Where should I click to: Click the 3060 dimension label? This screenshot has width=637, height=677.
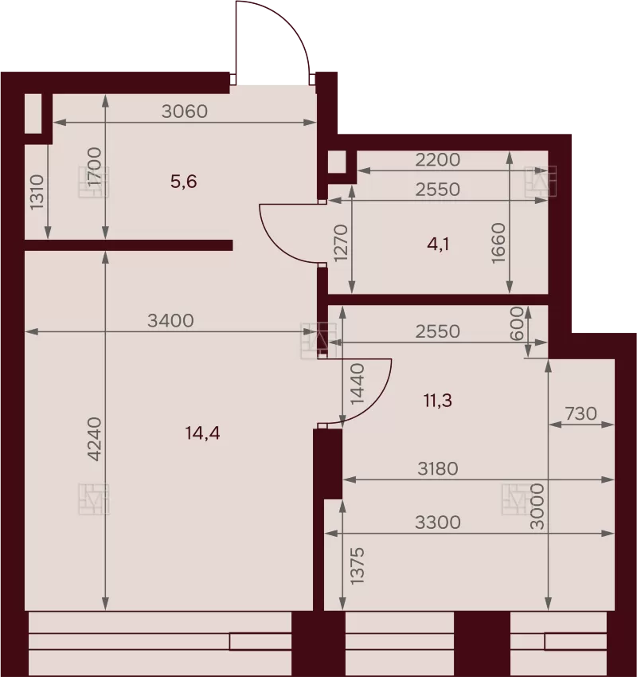click(x=185, y=112)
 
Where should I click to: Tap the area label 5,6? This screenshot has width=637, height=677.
click(x=183, y=182)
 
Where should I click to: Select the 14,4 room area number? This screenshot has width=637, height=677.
click(x=202, y=432)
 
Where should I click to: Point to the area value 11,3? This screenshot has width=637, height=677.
click(x=438, y=401)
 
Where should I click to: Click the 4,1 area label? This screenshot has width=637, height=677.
click(x=438, y=245)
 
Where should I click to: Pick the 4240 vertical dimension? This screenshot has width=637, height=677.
click(x=94, y=439)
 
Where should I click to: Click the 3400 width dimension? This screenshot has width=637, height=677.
click(x=170, y=321)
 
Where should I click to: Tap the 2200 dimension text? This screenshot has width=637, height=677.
click(x=438, y=160)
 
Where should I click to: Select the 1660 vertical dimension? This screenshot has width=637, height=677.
click(x=498, y=243)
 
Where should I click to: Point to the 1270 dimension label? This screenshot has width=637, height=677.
click(x=341, y=243)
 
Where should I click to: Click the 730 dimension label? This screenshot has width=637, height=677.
click(x=581, y=413)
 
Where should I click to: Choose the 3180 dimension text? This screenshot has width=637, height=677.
click(x=438, y=468)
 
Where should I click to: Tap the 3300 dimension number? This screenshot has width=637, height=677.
click(x=438, y=522)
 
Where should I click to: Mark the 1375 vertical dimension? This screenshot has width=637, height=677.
click(x=358, y=566)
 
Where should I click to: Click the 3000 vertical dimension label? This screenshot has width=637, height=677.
click(x=537, y=507)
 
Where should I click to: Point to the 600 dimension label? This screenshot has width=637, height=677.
click(x=517, y=323)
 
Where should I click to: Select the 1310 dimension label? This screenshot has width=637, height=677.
click(x=37, y=192)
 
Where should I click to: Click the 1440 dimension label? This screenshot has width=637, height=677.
click(x=358, y=384)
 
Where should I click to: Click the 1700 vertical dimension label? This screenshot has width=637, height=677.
click(x=94, y=166)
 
